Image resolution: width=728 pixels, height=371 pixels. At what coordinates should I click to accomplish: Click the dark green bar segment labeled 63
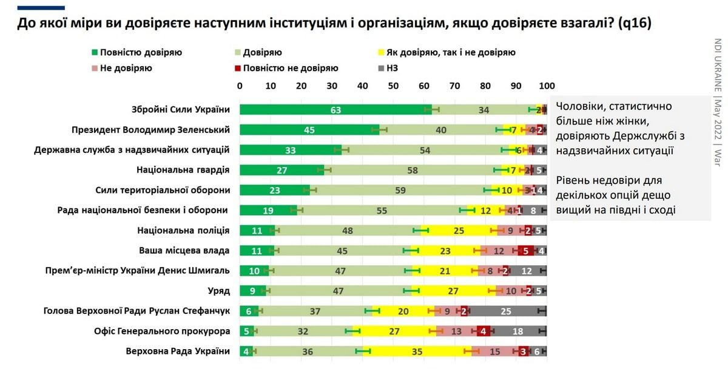335,110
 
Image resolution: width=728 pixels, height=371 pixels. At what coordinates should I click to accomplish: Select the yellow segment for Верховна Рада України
417,351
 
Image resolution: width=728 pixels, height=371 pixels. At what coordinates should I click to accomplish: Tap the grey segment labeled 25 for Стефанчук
506,311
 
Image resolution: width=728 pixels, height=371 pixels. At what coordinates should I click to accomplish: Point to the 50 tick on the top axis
393,85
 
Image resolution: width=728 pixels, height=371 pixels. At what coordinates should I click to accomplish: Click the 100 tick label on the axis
547,85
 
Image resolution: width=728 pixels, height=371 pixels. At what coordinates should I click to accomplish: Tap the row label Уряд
220,291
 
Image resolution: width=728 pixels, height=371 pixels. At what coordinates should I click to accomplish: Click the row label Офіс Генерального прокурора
162,331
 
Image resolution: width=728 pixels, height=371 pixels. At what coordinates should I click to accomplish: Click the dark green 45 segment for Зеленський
309,130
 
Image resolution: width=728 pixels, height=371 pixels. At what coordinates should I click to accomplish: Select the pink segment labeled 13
456,331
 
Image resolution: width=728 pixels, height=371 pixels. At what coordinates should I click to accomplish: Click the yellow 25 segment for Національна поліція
459,230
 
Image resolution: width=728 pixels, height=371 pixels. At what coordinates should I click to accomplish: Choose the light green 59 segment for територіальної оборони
400,190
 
